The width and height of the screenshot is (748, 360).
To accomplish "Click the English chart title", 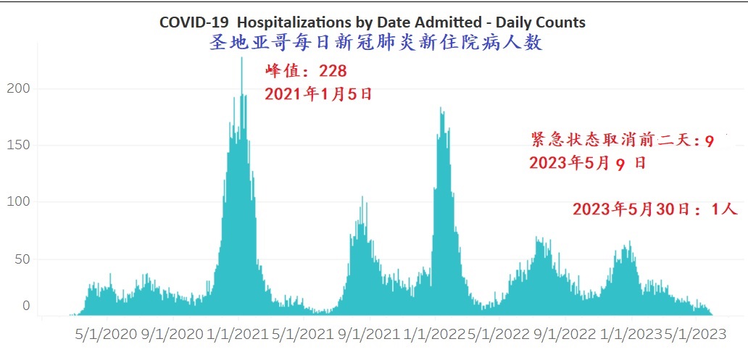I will click(373, 22).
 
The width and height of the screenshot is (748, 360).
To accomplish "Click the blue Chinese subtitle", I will click(375, 43).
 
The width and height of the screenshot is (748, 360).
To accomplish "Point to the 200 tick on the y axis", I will click(20, 89).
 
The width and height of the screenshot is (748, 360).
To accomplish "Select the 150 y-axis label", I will click(20, 145).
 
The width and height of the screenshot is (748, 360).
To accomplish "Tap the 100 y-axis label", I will click(20, 202).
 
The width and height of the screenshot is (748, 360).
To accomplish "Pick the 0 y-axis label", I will click(27, 306).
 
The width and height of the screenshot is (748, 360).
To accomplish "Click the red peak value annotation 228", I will click(306, 71).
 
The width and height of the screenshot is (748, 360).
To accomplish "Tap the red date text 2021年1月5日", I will click(318, 94).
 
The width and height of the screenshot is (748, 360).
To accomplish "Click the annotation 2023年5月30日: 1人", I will click(654, 209).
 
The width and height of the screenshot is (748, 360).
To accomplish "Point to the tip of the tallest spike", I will click(242, 58).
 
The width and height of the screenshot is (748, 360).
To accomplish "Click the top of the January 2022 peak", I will click(441, 109).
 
